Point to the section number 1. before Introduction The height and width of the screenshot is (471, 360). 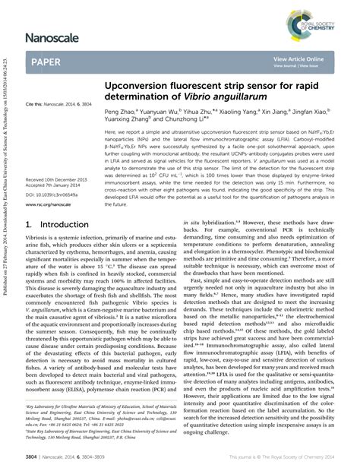pos(30,225)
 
